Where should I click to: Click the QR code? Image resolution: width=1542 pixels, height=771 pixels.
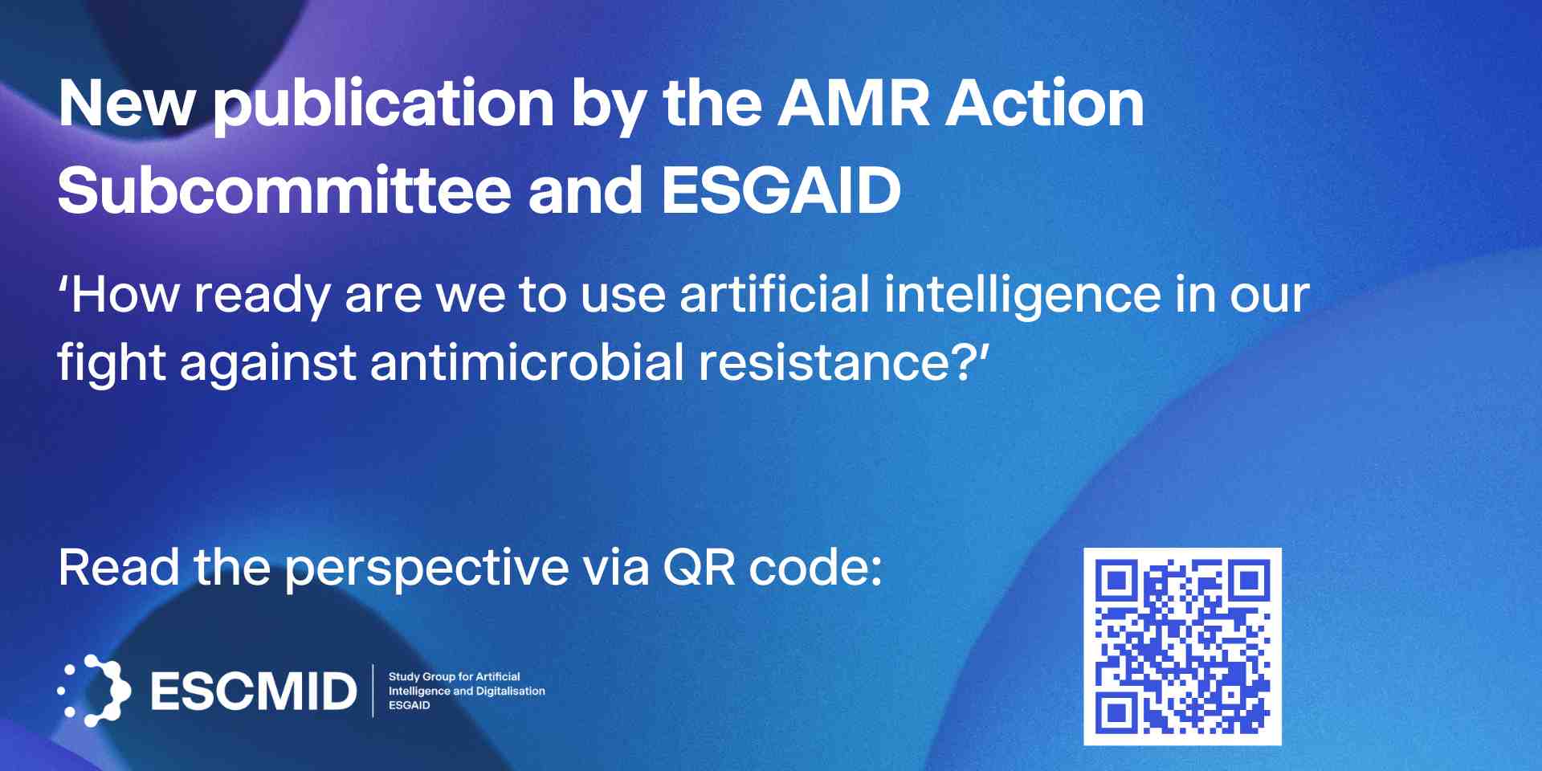pyautogui.click(x=1182, y=647)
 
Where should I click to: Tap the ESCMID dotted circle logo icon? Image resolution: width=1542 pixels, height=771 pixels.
pyautogui.click(x=95, y=691)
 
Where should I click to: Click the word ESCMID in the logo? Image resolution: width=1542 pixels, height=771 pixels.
pyautogui.click(x=254, y=691)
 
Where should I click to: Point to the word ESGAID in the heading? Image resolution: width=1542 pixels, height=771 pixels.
pyautogui.click(x=781, y=191)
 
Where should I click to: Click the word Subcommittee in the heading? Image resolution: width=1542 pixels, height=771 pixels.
pyautogui.click(x=284, y=190)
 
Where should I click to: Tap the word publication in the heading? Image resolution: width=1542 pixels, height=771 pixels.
pyautogui.click(x=384, y=106)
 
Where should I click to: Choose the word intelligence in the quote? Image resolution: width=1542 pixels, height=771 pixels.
pyautogui.click(x=1022, y=295)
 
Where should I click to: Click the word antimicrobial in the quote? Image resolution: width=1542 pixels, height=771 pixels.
pyautogui.click(x=527, y=362)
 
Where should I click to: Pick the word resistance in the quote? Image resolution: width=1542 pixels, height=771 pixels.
pyautogui.click(x=825, y=362)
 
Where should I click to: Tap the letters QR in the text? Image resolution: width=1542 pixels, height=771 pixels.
pyautogui.click(x=699, y=568)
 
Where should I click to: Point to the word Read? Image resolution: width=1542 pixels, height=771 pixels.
pyautogui.click(x=119, y=568)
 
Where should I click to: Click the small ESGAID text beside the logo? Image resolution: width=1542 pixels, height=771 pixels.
pyautogui.click(x=410, y=705)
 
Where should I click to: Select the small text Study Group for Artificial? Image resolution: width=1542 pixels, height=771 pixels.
pyautogui.click(x=454, y=676)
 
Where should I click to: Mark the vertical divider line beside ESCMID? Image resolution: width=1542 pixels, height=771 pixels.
pyautogui.click(x=373, y=691)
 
